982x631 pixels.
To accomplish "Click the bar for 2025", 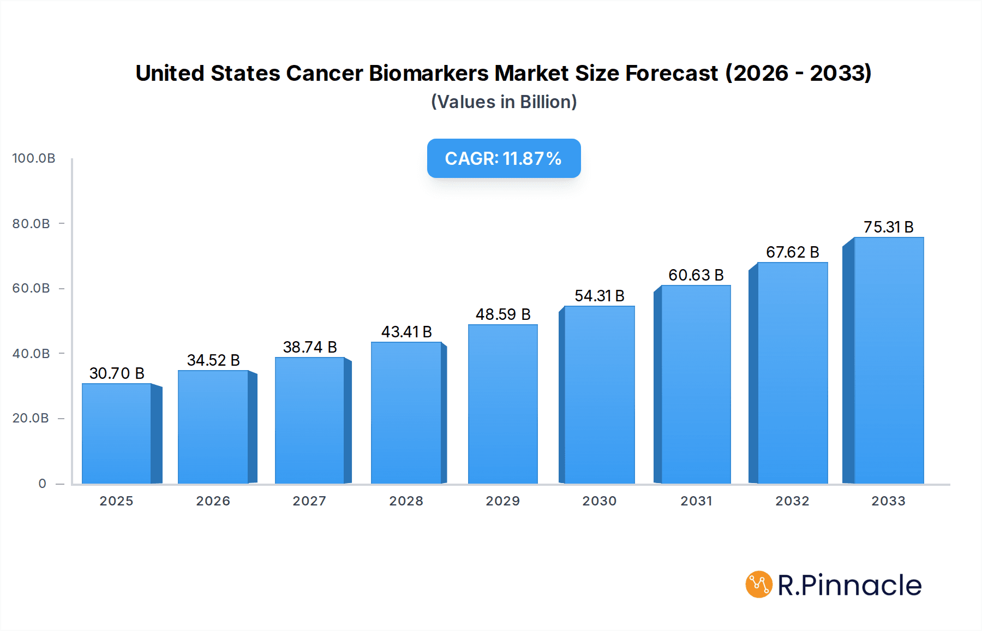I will [x=117, y=434].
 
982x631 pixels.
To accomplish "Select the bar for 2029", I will [x=502, y=404].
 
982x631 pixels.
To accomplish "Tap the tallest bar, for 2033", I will [x=889, y=360].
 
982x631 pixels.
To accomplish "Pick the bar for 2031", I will [x=696, y=384].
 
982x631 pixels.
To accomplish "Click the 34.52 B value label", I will [x=213, y=360].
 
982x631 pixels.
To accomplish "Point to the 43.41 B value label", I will [x=406, y=332].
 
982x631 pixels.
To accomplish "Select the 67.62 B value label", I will [x=792, y=252].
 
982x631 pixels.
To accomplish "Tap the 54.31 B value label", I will [x=599, y=296].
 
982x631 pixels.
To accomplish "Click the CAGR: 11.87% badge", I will [x=504, y=158].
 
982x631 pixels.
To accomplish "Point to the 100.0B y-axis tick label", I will [x=34, y=158].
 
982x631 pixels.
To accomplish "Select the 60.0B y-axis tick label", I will [x=31, y=288].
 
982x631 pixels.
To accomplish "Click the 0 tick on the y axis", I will [x=42, y=484].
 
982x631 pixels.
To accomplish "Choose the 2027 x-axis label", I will [x=309, y=501].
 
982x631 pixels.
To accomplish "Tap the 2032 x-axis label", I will [x=792, y=501].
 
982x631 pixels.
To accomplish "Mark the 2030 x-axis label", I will [x=599, y=501].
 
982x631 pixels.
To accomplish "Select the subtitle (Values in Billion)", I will [x=504, y=102].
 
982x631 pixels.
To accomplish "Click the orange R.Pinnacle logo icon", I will [x=759, y=585].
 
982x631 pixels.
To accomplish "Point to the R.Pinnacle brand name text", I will [x=849, y=585].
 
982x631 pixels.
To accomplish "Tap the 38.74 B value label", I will [x=310, y=347].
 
